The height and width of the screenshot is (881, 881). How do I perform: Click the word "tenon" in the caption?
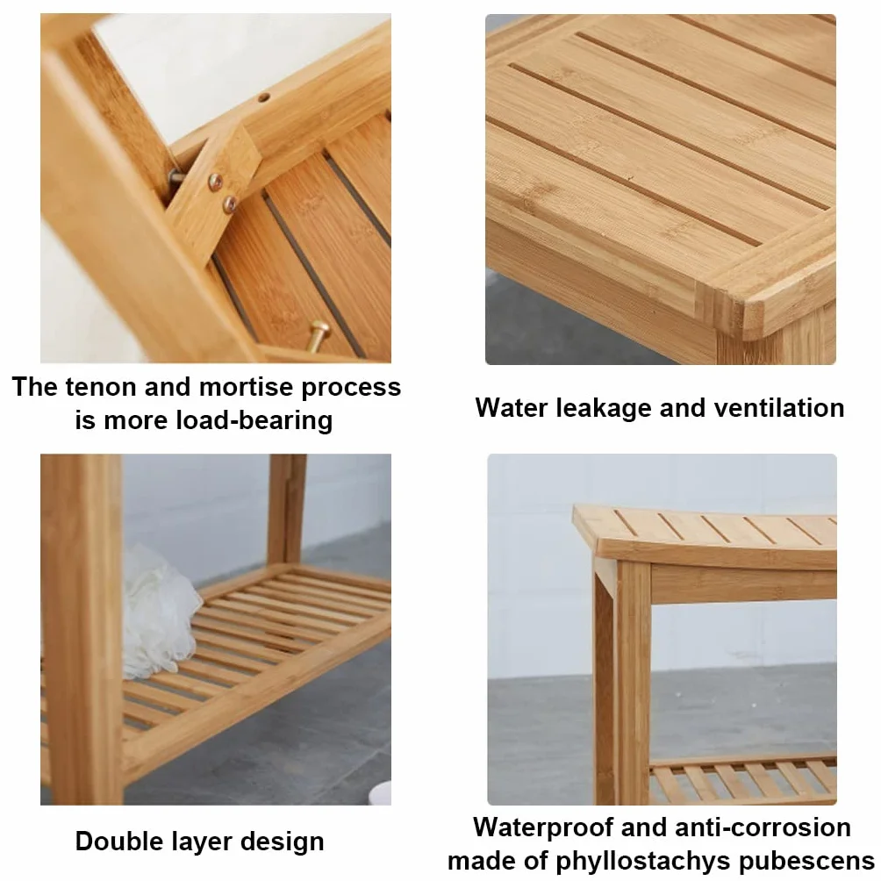pos(100,387)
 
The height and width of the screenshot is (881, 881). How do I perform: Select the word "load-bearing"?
pos(254,421)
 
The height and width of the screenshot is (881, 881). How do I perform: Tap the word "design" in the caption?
pos(282,842)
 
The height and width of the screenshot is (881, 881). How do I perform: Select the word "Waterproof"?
pos(543,828)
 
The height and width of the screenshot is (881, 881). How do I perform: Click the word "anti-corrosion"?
pos(763,827)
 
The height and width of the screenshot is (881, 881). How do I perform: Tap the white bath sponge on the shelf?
pos(159,612)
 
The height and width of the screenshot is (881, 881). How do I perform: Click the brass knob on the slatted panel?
pos(317,333)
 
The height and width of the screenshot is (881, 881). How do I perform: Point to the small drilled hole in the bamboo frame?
pos(263,97)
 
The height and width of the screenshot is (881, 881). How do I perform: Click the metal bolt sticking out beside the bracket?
pos(176,177)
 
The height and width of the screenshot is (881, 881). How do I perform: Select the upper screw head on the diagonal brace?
pos(215,182)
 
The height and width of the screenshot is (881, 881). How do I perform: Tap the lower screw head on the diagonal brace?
pos(230,204)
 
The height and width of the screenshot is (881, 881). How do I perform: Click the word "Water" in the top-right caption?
pos(512,408)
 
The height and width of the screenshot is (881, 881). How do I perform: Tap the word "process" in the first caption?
pos(351,388)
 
